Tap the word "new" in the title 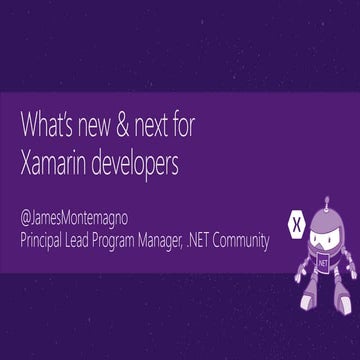click(x=99, y=127)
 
